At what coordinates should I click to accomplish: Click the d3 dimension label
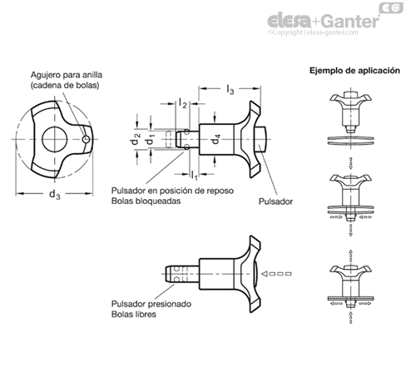click(x=55, y=194)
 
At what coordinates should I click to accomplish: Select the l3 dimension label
click(x=230, y=89)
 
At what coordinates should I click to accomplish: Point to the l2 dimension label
click(x=182, y=103)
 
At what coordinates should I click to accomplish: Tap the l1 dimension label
click(x=194, y=175)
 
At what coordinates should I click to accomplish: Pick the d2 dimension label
click(x=136, y=139)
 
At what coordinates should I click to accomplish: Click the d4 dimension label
click(x=215, y=139)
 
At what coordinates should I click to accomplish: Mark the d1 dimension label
click(x=151, y=139)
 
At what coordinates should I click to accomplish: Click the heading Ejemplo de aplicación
click(x=354, y=71)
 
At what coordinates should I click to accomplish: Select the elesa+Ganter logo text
click(x=323, y=21)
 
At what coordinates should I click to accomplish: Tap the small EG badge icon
click(x=391, y=7)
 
